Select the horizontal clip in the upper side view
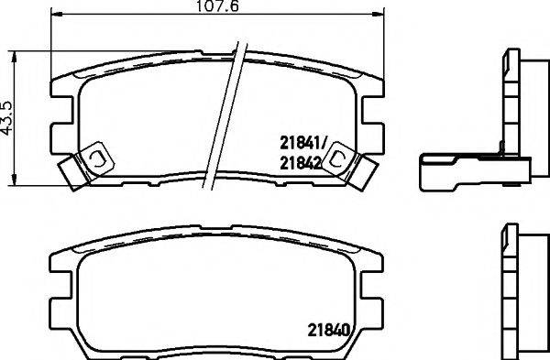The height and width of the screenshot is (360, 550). tap(472, 170)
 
